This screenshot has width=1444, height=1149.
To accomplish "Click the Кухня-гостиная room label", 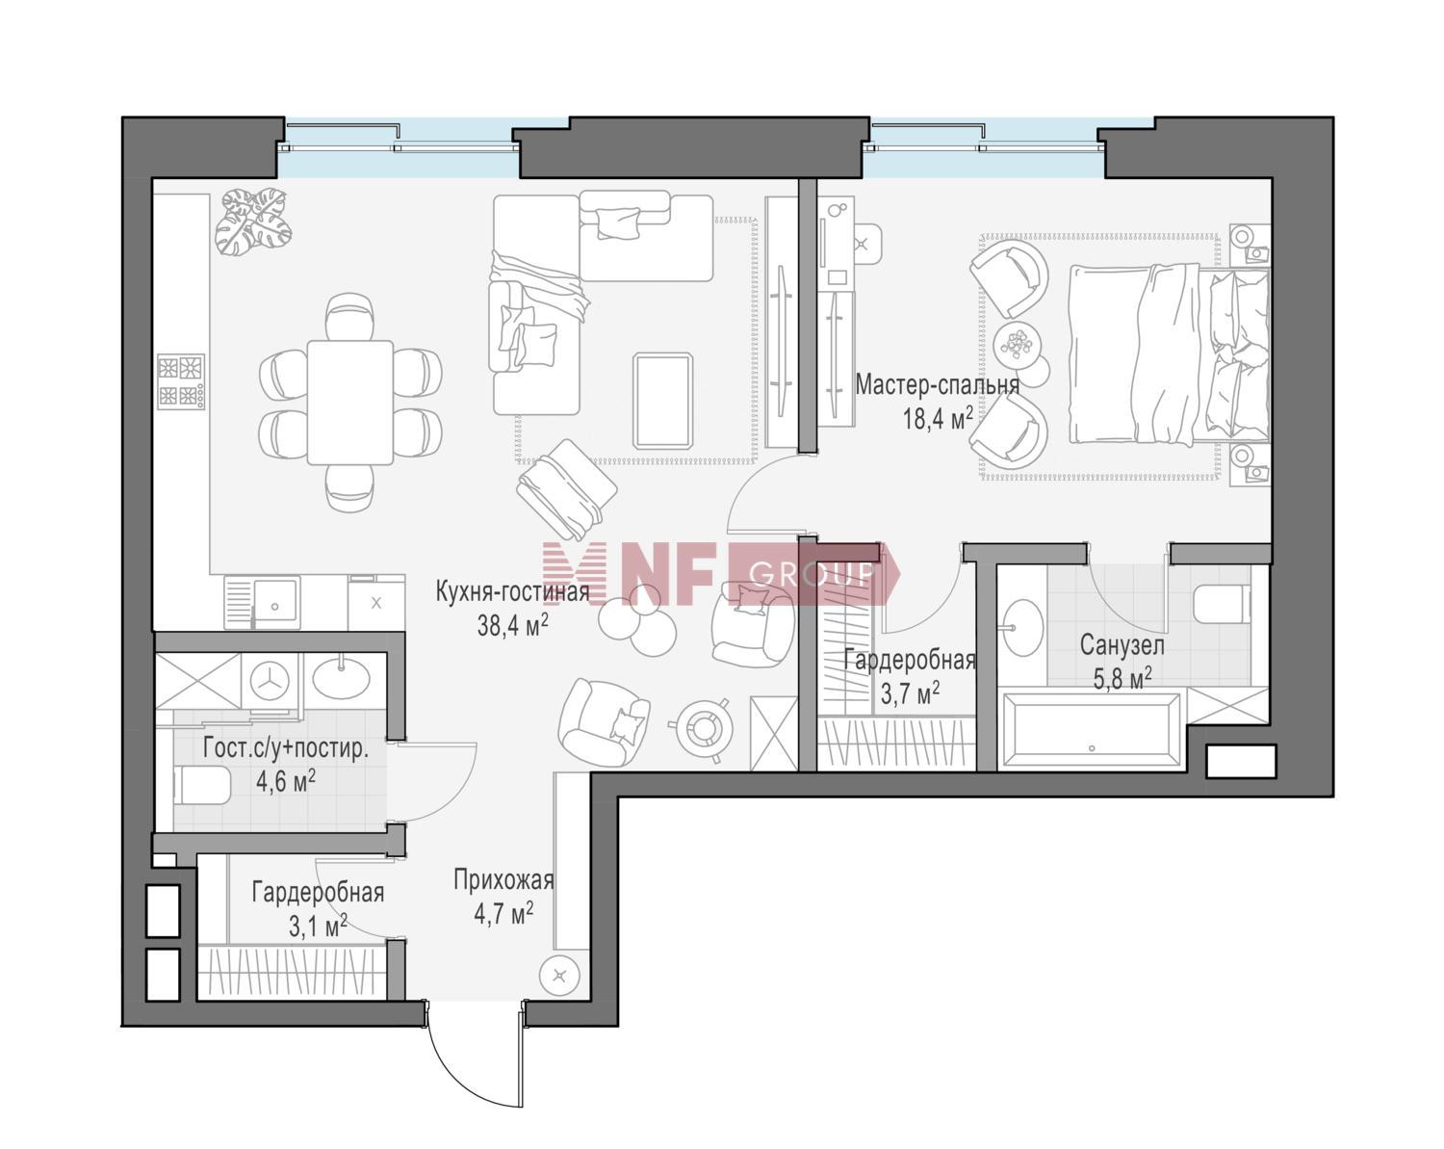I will (511, 590).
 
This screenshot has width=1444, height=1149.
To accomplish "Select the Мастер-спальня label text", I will (937, 386).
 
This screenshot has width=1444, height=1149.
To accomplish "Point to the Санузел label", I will (1122, 644).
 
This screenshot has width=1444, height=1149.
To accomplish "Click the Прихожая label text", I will (503, 879).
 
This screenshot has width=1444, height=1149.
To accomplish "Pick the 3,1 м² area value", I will (318, 927).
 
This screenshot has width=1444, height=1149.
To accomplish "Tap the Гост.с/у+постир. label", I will (286, 748).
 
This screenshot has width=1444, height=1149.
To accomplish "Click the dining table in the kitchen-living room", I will (350, 402).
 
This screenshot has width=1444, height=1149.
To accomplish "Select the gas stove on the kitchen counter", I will (181, 382).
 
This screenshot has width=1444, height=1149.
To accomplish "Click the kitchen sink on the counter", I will (263, 602).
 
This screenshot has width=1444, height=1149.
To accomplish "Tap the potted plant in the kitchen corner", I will (252, 221).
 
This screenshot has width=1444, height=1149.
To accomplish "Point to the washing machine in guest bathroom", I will (270, 681).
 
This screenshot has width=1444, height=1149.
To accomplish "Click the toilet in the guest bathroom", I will (200, 787).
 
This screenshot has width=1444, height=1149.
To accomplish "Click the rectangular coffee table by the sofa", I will (663, 400).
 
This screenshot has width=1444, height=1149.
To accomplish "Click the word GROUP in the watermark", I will (810, 574).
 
